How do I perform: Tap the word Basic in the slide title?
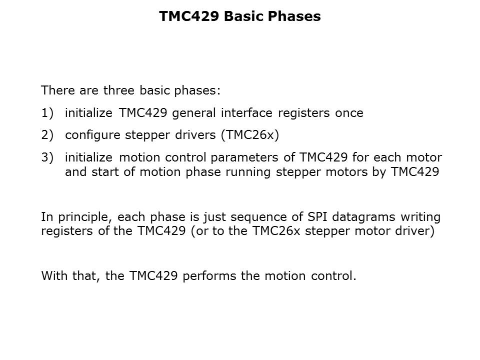click(x=241, y=16)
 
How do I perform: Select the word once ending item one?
click(x=349, y=113)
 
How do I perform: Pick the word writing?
click(x=423, y=217)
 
